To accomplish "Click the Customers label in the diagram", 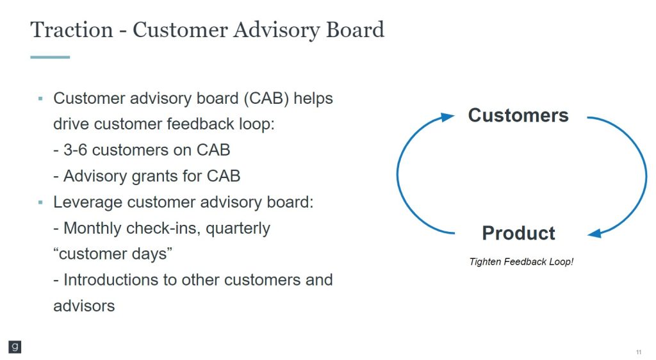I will [518, 115].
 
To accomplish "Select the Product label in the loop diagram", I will [518, 233].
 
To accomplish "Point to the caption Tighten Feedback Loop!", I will [521, 262].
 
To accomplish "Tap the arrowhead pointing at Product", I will [594, 234].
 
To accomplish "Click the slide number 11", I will [639, 352].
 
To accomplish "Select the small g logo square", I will [15, 347].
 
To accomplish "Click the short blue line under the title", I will [50, 57].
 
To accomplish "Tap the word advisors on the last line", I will [84, 306].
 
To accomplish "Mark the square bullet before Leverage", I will [40, 202].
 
